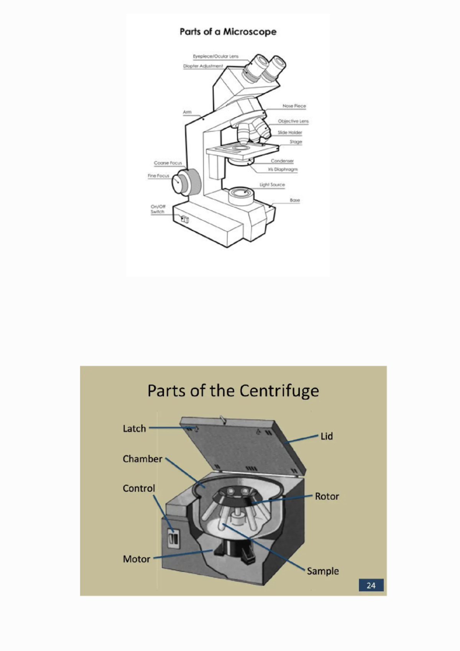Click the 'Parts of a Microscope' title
click(x=228, y=31)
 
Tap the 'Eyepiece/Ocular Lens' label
click(x=215, y=56)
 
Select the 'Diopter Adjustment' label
click(x=203, y=66)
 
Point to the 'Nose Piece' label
click(x=294, y=106)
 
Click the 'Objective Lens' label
click(x=293, y=121)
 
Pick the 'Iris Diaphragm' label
click(x=283, y=169)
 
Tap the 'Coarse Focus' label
click(x=168, y=163)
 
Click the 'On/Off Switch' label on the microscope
click(x=158, y=209)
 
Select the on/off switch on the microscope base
click(x=185, y=219)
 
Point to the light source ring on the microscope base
click(x=241, y=191)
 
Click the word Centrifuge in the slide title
click(x=279, y=391)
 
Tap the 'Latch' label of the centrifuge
click(x=134, y=429)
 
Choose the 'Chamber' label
click(x=142, y=459)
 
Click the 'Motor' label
click(x=136, y=559)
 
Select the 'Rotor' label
click(x=327, y=496)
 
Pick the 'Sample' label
click(x=323, y=571)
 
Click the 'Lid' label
click(x=327, y=436)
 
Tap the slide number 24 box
click(x=371, y=585)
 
